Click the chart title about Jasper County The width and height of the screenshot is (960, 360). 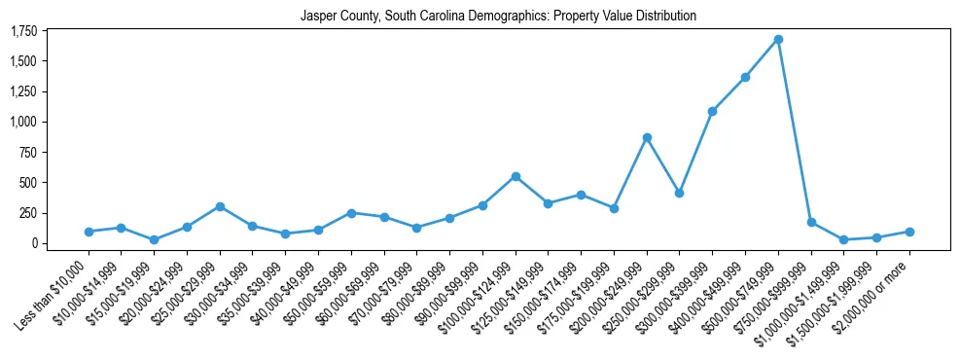click(x=498, y=16)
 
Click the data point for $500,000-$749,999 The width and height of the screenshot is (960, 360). click(x=778, y=39)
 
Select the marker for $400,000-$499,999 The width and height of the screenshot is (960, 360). click(x=745, y=77)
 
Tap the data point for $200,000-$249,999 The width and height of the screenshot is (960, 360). click(x=647, y=137)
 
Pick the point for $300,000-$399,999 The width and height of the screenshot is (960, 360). click(x=712, y=111)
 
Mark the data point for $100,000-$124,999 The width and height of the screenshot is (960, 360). click(x=516, y=176)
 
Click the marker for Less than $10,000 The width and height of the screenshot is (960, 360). click(x=89, y=232)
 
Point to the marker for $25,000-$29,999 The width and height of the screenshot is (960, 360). click(x=220, y=206)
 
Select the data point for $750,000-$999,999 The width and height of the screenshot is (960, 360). click(x=811, y=222)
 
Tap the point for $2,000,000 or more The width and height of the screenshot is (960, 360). click(x=909, y=232)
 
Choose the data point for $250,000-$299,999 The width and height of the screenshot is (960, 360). click(x=679, y=193)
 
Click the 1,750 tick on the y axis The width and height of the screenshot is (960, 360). click(x=22, y=31)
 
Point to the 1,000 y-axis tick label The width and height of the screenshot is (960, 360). click(x=22, y=122)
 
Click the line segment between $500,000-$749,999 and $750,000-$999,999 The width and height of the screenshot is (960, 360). click(x=795, y=130)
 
